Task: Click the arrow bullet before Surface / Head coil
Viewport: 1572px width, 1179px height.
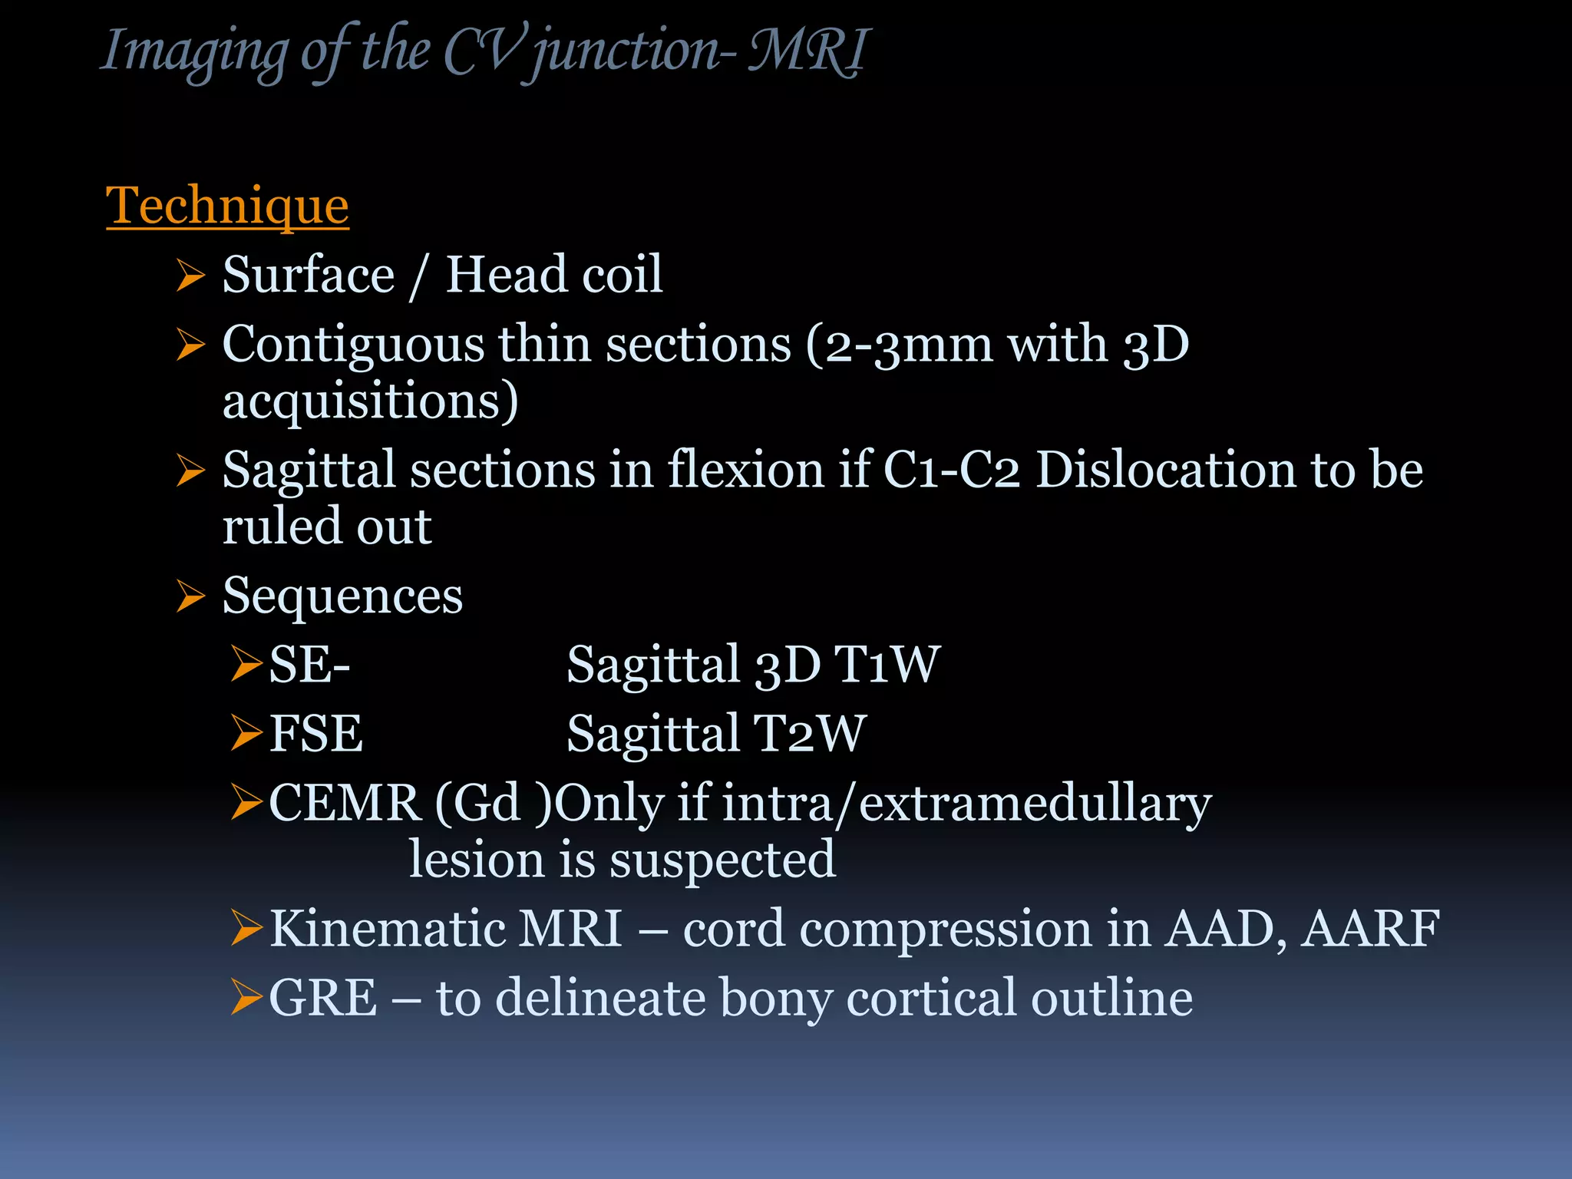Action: (190, 276)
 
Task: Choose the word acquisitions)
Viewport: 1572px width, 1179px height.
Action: (370, 401)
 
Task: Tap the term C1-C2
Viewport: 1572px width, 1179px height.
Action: (952, 470)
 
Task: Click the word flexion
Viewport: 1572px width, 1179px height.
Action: (745, 470)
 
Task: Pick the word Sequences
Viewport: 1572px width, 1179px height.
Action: (342, 596)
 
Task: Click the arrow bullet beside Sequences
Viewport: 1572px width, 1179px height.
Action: (190, 596)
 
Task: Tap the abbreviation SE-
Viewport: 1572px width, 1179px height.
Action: (309, 665)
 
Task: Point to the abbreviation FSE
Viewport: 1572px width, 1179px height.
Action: (315, 734)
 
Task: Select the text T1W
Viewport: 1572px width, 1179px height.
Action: (887, 665)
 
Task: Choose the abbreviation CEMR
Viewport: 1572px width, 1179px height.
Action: (345, 804)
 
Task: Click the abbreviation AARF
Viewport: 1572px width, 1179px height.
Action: (1370, 929)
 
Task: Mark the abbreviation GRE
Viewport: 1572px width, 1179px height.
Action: (323, 998)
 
